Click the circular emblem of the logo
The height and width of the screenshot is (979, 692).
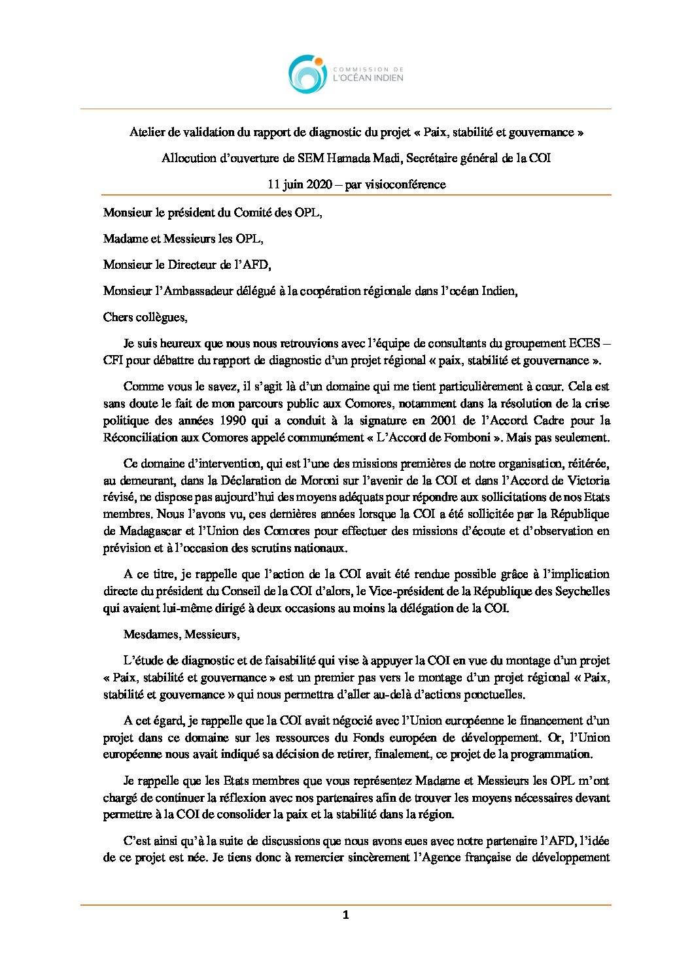click(307, 74)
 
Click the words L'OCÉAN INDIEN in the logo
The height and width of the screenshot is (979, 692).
click(368, 78)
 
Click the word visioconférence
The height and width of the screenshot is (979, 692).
click(405, 184)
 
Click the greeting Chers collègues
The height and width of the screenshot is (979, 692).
click(145, 317)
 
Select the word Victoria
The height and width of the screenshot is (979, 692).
click(587, 481)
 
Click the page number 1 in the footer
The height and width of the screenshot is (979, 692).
click(345, 916)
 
